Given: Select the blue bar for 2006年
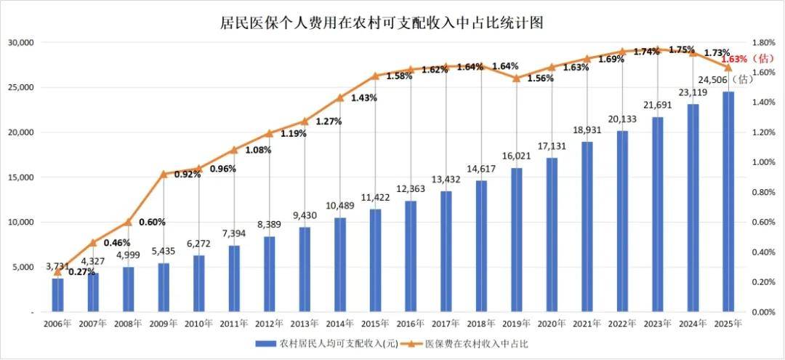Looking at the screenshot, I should click(x=57, y=295).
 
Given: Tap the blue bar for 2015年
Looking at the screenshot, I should click(x=375, y=260).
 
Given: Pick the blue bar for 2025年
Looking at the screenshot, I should click(x=728, y=201).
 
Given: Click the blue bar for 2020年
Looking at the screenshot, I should click(x=552, y=234).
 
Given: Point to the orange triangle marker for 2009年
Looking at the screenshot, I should click(x=164, y=174).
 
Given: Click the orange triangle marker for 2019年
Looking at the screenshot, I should click(x=516, y=78).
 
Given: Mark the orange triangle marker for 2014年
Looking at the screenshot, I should click(x=339, y=97).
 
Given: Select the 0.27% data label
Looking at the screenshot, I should click(x=81, y=272).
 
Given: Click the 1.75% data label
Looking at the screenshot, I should click(x=681, y=49).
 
